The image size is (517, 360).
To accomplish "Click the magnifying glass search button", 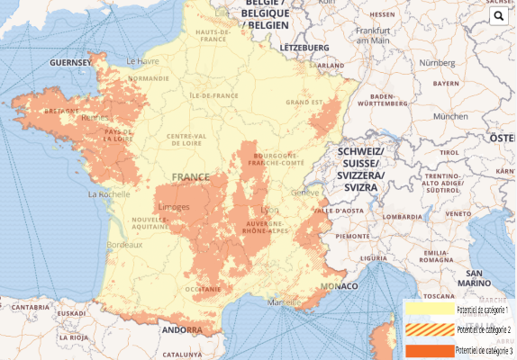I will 499,16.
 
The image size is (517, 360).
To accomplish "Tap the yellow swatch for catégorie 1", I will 429,309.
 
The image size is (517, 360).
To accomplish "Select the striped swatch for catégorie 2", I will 429,329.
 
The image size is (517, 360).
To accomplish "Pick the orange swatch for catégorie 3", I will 429,349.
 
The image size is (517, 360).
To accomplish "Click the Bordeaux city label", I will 124,245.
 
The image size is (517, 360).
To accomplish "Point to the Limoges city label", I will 174,207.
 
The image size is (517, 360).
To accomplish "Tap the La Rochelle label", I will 109,193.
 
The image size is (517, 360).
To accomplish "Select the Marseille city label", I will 284,301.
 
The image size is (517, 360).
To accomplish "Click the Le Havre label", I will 142,61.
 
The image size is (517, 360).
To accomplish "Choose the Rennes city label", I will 94,117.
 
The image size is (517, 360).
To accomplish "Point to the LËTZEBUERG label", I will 305,46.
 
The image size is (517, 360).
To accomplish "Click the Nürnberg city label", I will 437,62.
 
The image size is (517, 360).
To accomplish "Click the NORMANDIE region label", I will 148,78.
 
